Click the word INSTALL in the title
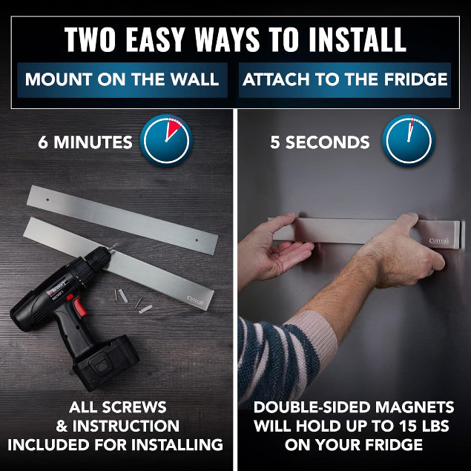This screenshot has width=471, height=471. tap(358, 39)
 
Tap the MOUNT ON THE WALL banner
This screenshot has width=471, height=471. tap(122, 80)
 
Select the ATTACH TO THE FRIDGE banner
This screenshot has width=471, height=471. tap(345, 80)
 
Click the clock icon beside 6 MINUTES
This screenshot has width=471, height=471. tap(166, 141)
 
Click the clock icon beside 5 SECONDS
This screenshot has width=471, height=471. tap(409, 141)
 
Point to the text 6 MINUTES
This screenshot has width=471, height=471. tap(85, 142)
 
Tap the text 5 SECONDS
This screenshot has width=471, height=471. tap(320, 142)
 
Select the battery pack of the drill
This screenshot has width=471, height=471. tap(106, 362)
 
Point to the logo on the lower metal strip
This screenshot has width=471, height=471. tap(195, 300)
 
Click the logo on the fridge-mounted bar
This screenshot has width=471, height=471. tap(439, 241)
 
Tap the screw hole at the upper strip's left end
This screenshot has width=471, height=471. tap(47, 199)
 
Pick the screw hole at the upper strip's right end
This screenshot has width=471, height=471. tap(197, 240)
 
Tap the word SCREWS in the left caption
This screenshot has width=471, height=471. tap(134, 408)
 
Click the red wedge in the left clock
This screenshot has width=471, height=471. tap(173, 128)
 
